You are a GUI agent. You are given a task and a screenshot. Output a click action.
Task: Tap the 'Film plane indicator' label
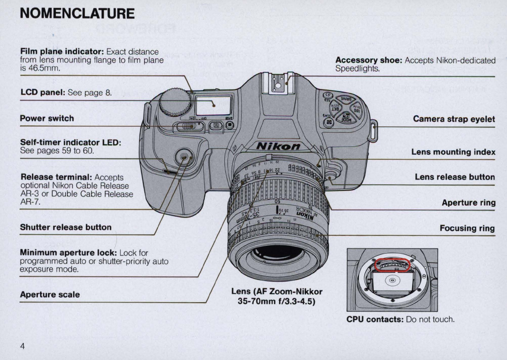point(62,52)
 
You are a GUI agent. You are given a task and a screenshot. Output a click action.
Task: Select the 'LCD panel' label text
point(43,93)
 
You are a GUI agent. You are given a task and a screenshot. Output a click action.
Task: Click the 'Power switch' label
point(47,118)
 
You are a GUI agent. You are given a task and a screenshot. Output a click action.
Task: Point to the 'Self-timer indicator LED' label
point(71,143)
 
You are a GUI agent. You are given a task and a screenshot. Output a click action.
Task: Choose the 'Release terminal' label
point(56,177)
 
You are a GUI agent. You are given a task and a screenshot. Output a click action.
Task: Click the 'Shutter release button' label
point(66,227)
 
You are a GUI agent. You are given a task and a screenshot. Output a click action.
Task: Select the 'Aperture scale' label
point(50,295)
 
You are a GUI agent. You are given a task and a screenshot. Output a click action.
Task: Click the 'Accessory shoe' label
point(369,60)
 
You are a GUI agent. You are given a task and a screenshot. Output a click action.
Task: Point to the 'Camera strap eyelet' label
point(454,119)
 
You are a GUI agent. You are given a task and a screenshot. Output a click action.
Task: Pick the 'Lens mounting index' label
point(453,152)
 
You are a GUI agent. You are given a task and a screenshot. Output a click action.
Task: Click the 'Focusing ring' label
point(468,228)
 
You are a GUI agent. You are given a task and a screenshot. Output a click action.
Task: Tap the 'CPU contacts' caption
point(375,319)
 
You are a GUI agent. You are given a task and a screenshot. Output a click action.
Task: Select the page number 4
point(23,346)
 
